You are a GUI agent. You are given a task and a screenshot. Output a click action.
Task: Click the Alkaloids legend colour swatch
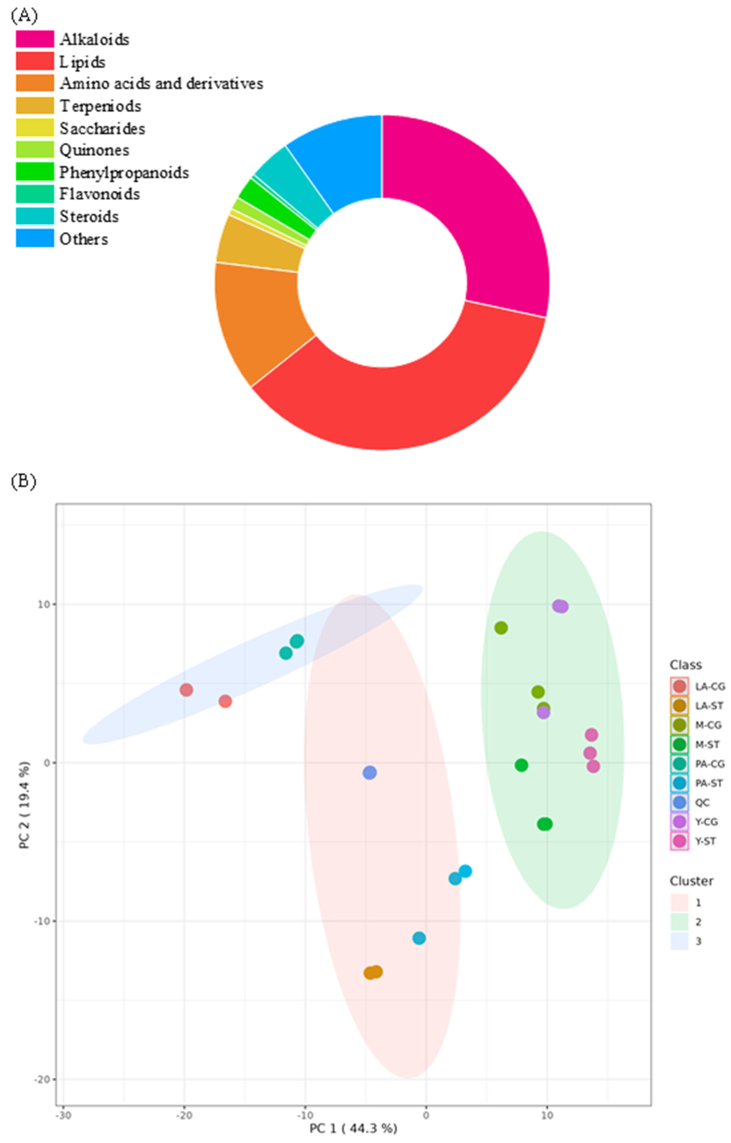[x=35, y=39]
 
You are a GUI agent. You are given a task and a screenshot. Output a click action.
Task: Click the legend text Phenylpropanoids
[x=124, y=172]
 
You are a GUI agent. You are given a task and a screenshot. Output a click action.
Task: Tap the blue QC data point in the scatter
[x=370, y=773]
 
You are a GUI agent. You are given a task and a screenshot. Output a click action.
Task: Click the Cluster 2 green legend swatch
[x=679, y=922]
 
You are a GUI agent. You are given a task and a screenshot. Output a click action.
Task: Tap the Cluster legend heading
[x=691, y=881]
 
